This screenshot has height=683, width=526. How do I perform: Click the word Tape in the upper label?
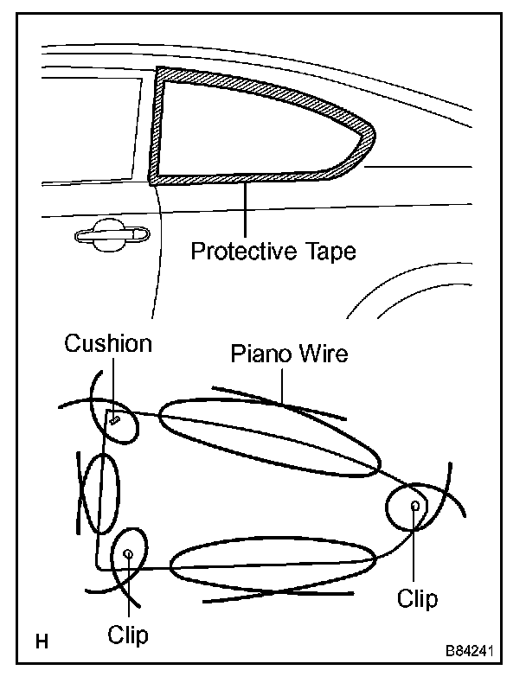pos(327,252)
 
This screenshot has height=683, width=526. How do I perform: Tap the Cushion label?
pos(108,344)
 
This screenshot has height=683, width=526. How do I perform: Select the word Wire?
pos(324,354)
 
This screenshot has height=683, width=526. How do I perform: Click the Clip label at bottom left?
pos(128,635)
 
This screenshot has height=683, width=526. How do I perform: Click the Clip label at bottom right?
pos(417,598)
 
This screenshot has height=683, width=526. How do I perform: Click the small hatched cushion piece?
pos(114,420)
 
